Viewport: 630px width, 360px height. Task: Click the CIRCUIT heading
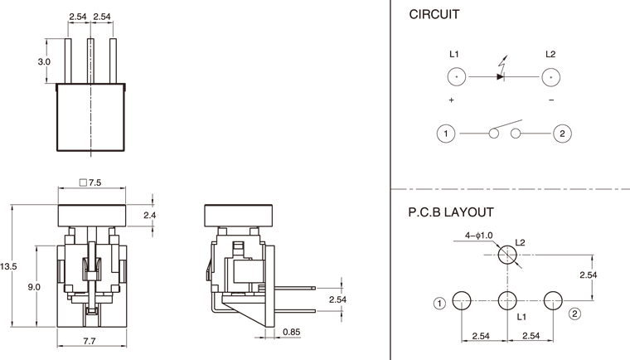(x=435, y=16)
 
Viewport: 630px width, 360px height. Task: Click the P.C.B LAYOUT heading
(x=451, y=212)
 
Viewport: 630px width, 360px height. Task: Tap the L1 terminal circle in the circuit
(x=455, y=77)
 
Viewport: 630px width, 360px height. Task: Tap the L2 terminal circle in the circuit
(x=550, y=77)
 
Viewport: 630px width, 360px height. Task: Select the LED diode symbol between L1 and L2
(x=501, y=76)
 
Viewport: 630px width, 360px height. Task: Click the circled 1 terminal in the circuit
(x=446, y=134)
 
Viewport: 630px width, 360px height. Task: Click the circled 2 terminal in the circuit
(x=562, y=134)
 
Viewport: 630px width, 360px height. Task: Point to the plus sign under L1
(x=452, y=100)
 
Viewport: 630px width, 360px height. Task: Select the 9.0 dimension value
(x=34, y=287)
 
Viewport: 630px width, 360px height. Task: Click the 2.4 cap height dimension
(x=150, y=216)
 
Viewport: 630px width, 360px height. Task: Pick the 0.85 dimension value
(x=291, y=333)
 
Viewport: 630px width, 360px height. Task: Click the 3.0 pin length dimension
(x=44, y=61)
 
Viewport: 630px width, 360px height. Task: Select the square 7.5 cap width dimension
(x=90, y=182)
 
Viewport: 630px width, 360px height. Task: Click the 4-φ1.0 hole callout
(x=479, y=236)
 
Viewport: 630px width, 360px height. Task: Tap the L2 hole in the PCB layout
(x=506, y=257)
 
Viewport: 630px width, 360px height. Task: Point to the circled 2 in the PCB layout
(x=574, y=313)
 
